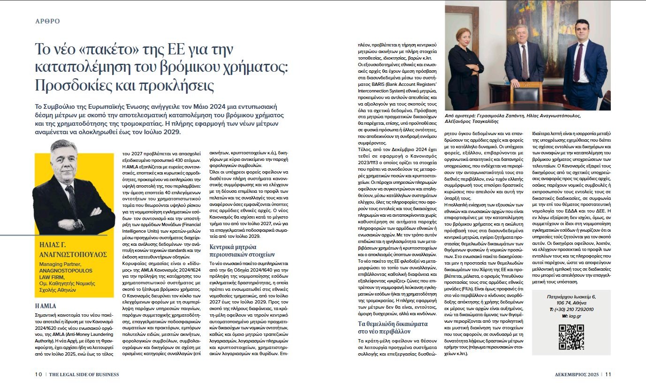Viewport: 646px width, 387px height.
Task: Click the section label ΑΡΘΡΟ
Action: [x=47, y=21]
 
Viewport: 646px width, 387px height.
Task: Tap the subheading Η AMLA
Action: [x=46, y=305]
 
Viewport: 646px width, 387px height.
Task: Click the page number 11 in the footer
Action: [x=608, y=374]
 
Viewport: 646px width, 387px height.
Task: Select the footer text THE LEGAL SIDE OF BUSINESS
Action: [x=84, y=374]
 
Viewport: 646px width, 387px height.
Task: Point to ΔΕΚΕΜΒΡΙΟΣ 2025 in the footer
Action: [x=576, y=374]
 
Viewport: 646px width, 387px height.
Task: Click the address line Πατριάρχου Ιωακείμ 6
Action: [x=571, y=297]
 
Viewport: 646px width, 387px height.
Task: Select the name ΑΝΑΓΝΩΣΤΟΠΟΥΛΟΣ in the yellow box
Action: [x=73, y=254]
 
